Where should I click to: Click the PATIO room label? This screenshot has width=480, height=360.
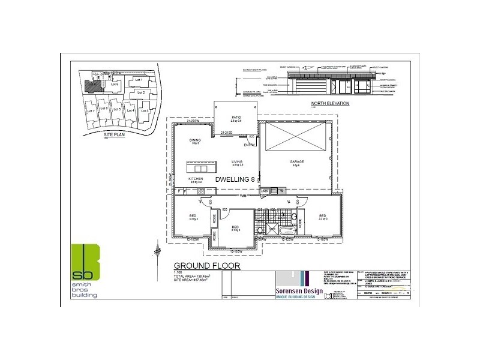point(236,118)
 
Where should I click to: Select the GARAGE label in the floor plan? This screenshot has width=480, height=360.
point(296,161)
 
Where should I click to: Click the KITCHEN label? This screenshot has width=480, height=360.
point(196,179)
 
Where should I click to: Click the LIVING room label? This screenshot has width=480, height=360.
point(238,161)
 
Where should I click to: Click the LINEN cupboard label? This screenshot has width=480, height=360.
point(264,191)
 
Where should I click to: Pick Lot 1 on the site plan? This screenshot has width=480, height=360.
point(137,79)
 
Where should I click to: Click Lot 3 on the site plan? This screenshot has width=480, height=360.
point(143,111)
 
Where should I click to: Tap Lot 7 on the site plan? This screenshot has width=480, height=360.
point(91,112)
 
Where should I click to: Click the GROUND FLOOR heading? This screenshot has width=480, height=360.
point(206,265)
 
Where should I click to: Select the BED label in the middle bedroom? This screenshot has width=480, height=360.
point(235,227)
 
